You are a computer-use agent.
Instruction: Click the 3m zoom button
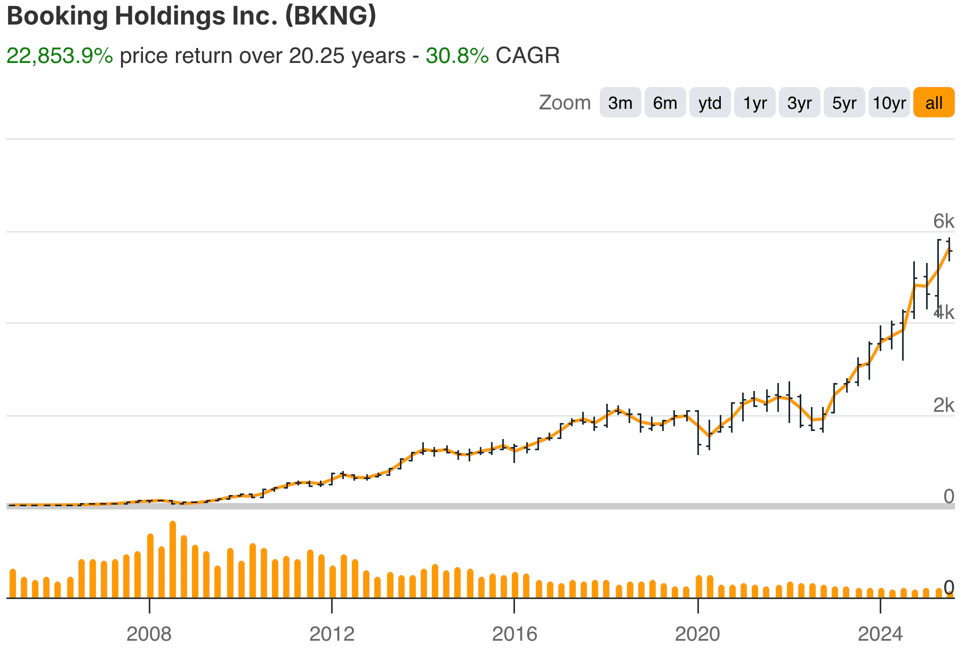pos(620,102)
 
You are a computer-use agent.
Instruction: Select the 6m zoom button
pos(665,102)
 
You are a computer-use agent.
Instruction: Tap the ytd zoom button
pos(710,102)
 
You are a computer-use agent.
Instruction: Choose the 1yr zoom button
pos(754,102)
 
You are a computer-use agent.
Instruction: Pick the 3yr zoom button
pos(799,102)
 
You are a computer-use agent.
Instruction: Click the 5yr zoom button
pos(844,102)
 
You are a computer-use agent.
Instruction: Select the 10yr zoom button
pos(889,102)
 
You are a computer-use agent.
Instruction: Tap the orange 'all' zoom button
pos(934,102)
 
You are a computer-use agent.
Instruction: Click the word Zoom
pos(565,102)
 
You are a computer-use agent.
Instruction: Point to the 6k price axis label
pos(943,221)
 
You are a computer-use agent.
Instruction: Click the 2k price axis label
pos(943,405)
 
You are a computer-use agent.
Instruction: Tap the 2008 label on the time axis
pos(149,634)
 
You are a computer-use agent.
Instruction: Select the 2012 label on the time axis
pos(332,634)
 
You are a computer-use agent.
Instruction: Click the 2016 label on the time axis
pos(514,634)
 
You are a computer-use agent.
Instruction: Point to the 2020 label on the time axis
pos(697,634)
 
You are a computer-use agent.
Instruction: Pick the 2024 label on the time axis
pos(880,634)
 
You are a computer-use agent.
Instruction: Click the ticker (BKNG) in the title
pos(331,16)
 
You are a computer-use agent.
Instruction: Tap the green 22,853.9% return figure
pos(60,55)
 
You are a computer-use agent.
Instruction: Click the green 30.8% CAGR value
pos(457,55)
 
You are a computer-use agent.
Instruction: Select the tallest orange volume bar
pos(173,560)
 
